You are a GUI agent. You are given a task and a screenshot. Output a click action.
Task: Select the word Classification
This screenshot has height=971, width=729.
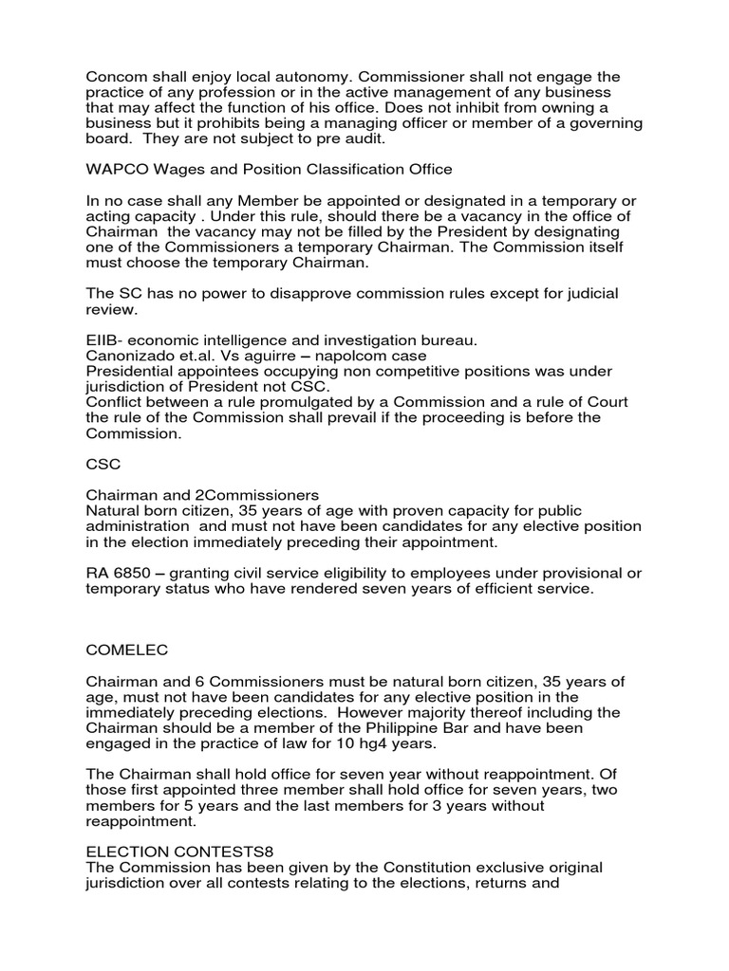[x=346, y=170]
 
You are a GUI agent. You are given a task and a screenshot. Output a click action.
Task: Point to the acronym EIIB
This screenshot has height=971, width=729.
[x=103, y=339]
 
